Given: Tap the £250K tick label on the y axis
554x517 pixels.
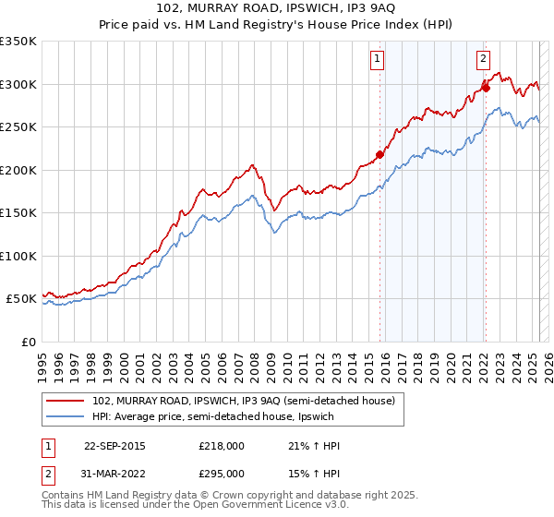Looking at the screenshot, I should pos(18,126).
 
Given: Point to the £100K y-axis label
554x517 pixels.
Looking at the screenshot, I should pos(18,256).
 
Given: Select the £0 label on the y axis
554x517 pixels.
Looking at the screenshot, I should pos(28,342).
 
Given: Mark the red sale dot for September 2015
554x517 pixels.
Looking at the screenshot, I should pos(379,154).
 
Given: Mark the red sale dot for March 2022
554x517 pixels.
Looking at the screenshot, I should pos(486,89).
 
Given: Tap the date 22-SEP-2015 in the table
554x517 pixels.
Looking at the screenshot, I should pos(114,446).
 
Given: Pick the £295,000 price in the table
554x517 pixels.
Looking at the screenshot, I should pos(222,473).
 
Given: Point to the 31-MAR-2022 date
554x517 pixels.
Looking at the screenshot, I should pos(114,473).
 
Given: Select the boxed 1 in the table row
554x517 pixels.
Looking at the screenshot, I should pos(47,446).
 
